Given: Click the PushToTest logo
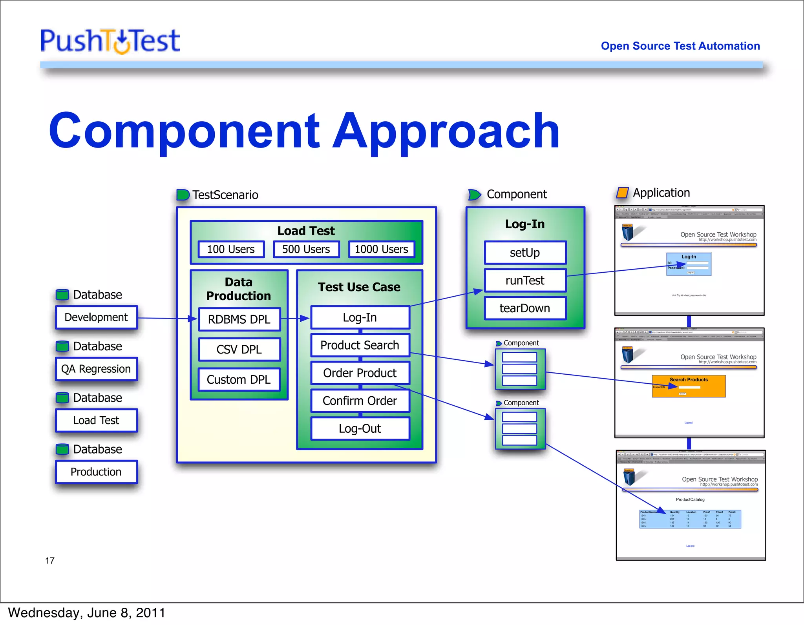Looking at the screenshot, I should point(110,41).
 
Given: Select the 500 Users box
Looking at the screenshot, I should point(306,250).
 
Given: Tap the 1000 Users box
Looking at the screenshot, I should point(381,250).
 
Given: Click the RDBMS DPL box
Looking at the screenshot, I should point(239,319).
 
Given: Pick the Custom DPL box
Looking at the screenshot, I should point(239,379).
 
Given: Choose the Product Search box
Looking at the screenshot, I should point(360,345).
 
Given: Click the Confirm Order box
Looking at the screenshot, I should point(360,401).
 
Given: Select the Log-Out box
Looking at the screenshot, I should point(360,428).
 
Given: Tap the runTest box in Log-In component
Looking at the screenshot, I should point(525,281).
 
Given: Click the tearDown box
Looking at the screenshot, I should point(525,308).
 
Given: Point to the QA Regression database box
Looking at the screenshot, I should point(96,369).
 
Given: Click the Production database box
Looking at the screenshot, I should point(96,472).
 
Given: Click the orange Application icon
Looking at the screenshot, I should point(622,193).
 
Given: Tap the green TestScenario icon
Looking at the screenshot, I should point(183,195).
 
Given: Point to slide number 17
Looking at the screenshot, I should point(50,561).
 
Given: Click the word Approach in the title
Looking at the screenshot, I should point(446,131).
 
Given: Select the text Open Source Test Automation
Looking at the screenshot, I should point(680,46).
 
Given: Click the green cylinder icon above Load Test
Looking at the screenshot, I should point(62,397).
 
